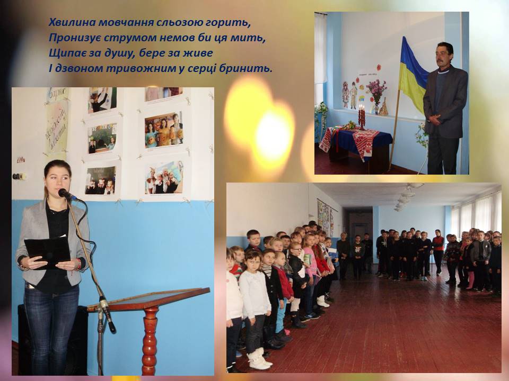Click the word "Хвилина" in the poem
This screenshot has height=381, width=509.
tap(72, 22)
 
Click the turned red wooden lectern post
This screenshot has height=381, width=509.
tap(150, 340)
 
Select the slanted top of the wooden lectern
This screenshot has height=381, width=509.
tap(149, 298)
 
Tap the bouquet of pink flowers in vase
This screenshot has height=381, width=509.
tap(376, 90)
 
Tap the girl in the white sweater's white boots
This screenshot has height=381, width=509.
tap(259, 359)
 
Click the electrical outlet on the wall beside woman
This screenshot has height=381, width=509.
tap(20, 176)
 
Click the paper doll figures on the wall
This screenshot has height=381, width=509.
tap(349, 95)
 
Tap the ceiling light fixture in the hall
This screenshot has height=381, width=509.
tap(406, 196)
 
